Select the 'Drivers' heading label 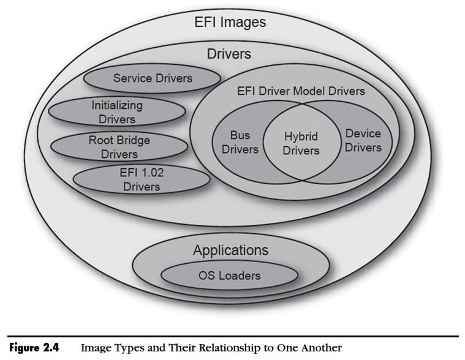(229, 54)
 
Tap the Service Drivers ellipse (152, 78)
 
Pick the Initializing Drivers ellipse (116, 111)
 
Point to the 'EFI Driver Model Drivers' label (300, 91)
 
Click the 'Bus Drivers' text (236, 141)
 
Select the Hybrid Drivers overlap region (301, 143)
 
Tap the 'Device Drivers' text (363, 140)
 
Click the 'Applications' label (230, 250)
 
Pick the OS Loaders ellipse (229, 276)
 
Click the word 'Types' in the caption (127, 348)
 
